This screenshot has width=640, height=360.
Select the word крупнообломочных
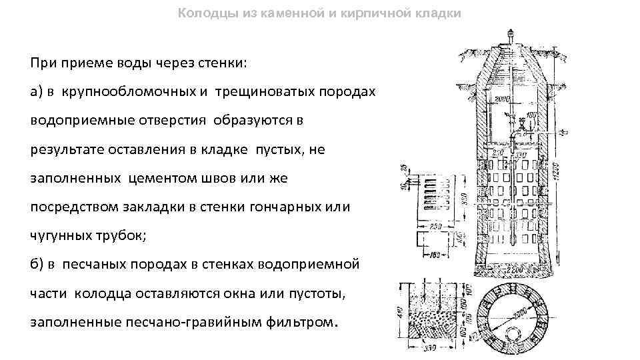coord(128,91)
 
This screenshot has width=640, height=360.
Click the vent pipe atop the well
coord(511,35)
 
